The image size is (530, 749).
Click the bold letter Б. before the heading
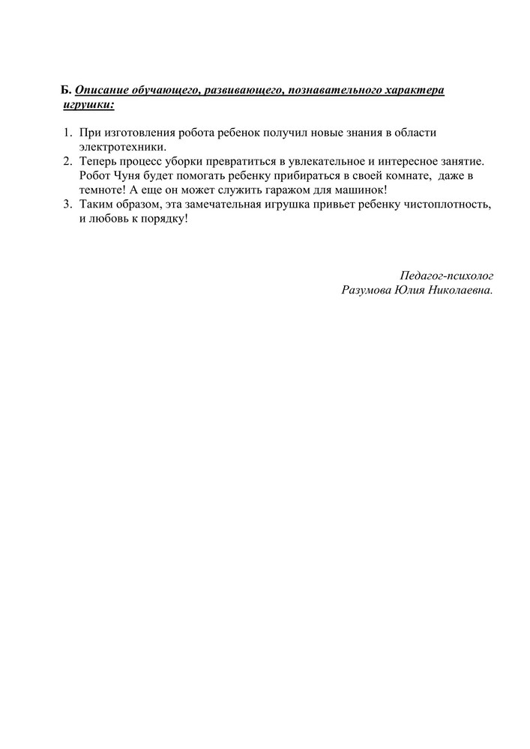(66, 90)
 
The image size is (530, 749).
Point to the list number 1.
(66, 133)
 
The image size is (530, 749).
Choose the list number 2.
(66, 161)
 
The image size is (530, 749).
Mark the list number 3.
(66, 204)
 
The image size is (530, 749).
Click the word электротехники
(121, 147)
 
